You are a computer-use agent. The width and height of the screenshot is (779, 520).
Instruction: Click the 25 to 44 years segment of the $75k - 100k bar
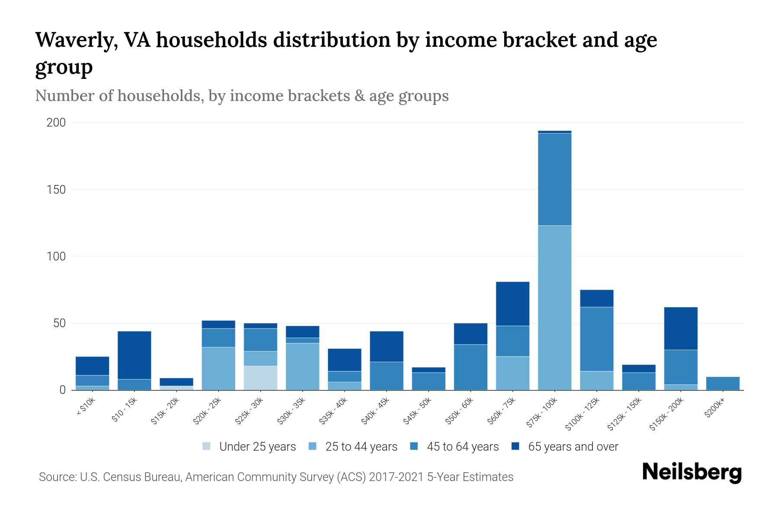click(554, 308)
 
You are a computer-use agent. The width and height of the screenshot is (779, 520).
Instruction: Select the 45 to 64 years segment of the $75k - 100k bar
click(554, 179)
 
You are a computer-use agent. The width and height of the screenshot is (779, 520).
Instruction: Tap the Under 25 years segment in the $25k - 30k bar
click(261, 378)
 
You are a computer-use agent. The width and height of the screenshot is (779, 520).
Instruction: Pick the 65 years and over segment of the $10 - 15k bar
click(134, 355)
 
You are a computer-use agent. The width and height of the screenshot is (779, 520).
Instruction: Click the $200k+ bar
click(723, 383)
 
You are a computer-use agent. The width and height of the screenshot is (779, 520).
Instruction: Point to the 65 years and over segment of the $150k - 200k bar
click(681, 328)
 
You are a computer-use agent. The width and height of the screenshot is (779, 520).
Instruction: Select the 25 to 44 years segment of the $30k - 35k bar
click(303, 367)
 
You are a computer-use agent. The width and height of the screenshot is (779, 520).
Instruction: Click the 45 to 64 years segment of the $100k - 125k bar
click(597, 339)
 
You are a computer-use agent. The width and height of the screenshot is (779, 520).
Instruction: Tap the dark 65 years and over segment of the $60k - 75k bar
click(512, 304)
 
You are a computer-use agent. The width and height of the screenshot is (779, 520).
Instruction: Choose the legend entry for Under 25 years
click(249, 446)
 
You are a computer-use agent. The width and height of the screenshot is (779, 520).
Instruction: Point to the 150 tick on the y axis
click(56, 190)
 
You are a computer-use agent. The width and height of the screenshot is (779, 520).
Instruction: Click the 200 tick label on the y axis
click(56, 123)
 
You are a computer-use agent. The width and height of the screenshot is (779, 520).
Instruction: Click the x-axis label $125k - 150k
click(626, 413)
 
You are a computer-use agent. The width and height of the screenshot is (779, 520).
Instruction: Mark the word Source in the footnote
click(57, 477)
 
